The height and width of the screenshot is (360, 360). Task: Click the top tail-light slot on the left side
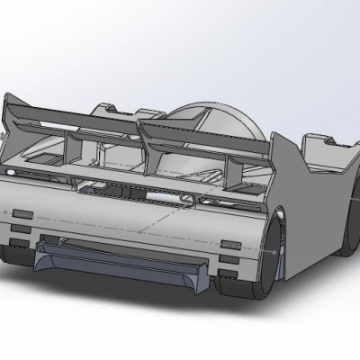pyautogui.click(x=20, y=214)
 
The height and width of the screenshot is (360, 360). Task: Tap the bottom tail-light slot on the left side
pyautogui.click(x=18, y=243)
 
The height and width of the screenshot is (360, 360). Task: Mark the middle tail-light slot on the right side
pyautogui.click(x=230, y=260)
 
